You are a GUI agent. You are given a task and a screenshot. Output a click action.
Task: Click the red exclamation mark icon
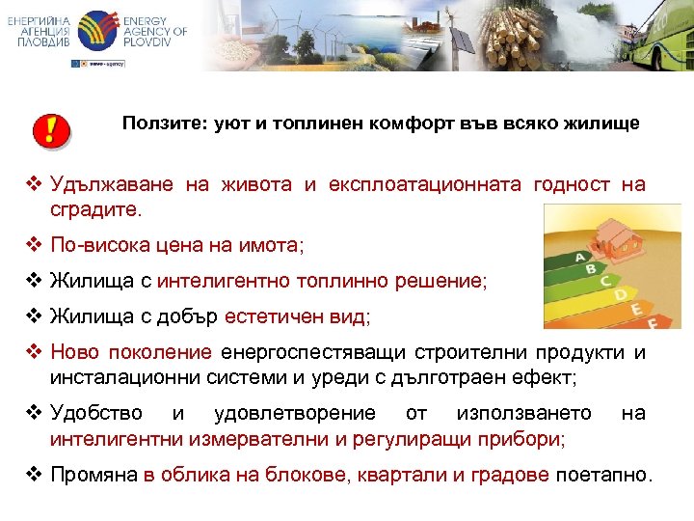pyautogui.click(x=50, y=130)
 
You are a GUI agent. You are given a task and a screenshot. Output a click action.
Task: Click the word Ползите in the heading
pyautogui.click(x=152, y=124)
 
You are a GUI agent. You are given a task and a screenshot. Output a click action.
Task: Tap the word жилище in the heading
pyautogui.click(x=606, y=124)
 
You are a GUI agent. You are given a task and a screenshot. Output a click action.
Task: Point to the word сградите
pyautogui.click(x=97, y=207)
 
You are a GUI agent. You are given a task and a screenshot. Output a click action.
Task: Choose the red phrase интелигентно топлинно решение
pyautogui.click(x=323, y=281)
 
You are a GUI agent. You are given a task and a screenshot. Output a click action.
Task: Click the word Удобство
pyautogui.click(x=96, y=413)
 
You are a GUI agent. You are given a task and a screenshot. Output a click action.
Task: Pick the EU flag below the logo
pyautogui.click(x=77, y=63)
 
